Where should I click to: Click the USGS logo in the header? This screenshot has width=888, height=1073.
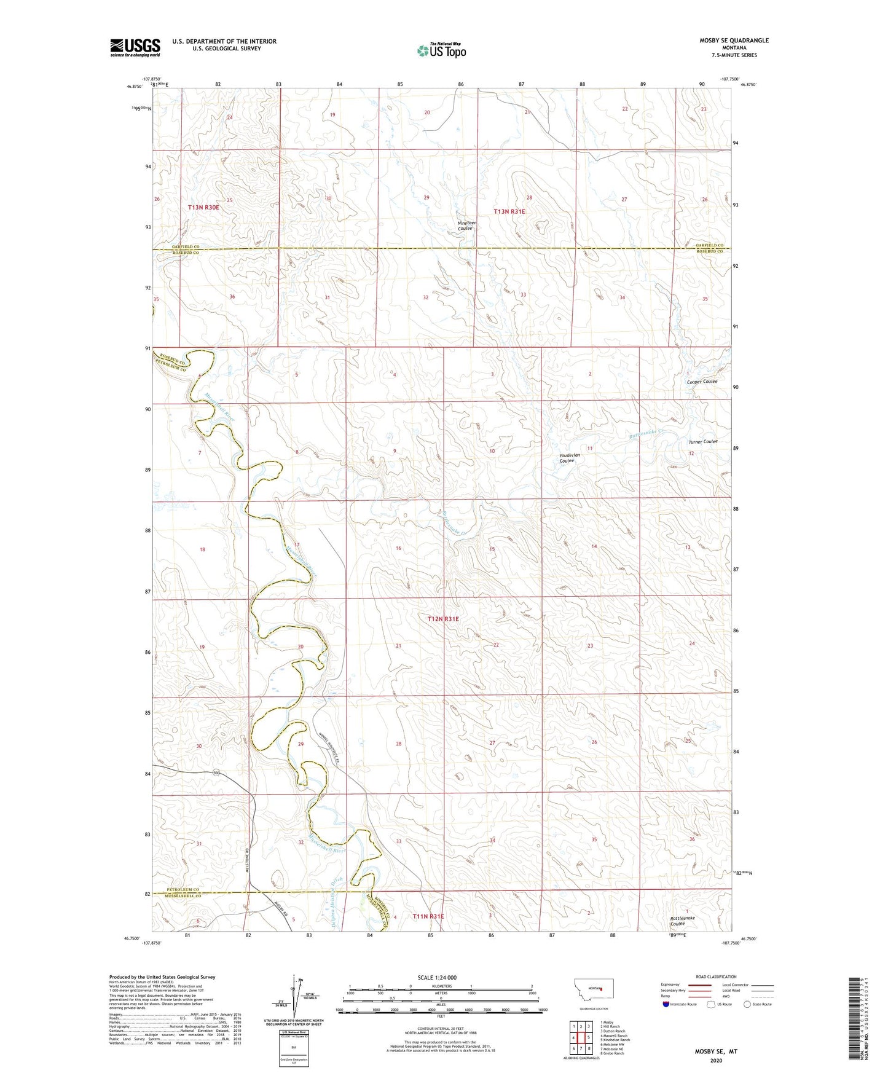tap(135, 47)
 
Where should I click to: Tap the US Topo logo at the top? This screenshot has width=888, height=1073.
tap(441, 50)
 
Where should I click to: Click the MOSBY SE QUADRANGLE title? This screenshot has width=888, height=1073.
tap(734, 41)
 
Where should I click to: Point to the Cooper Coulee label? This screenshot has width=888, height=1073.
tap(702, 382)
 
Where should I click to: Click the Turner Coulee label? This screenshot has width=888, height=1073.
tap(702, 441)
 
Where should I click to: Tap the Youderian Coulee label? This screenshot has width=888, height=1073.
tap(567, 458)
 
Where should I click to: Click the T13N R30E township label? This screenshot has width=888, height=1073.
tap(203, 208)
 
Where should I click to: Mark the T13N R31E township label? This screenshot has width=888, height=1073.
tap(509, 211)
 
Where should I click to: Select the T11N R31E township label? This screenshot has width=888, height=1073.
tap(428, 916)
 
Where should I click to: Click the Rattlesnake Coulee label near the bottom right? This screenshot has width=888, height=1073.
tap(682, 921)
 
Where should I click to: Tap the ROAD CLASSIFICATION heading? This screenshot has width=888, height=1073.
tap(716, 977)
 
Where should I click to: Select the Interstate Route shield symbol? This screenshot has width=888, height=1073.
tap(666, 1004)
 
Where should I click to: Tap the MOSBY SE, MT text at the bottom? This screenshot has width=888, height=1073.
tap(715, 1051)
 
